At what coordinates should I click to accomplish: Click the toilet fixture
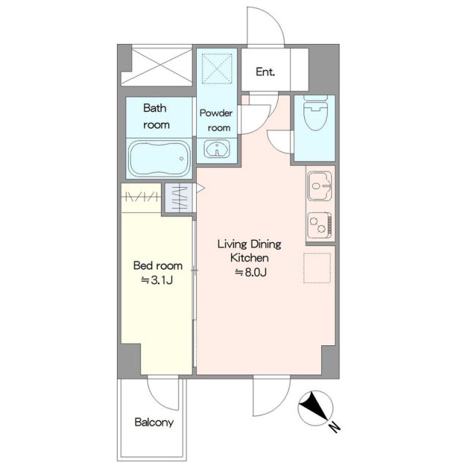click(x=315, y=113)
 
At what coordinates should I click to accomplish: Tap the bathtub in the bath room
click(x=159, y=159)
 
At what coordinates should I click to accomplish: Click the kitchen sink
click(x=320, y=186)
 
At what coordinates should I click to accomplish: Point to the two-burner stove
click(x=320, y=224)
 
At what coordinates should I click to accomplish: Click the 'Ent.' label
click(x=265, y=72)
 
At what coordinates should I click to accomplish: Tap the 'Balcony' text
click(x=154, y=423)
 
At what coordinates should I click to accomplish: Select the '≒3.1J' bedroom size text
click(x=157, y=280)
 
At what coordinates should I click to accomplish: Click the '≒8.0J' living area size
click(x=251, y=272)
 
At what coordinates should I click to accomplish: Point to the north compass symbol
click(x=315, y=408)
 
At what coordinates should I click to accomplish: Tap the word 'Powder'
click(x=216, y=113)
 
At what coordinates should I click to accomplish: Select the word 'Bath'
click(x=154, y=107)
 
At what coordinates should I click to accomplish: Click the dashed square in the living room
click(x=317, y=268)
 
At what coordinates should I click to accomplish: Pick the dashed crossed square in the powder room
click(x=217, y=68)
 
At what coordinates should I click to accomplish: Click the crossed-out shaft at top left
click(x=156, y=65)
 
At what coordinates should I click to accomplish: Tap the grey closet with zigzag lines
click(x=178, y=198)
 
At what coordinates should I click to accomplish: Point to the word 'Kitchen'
click(x=249, y=257)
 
